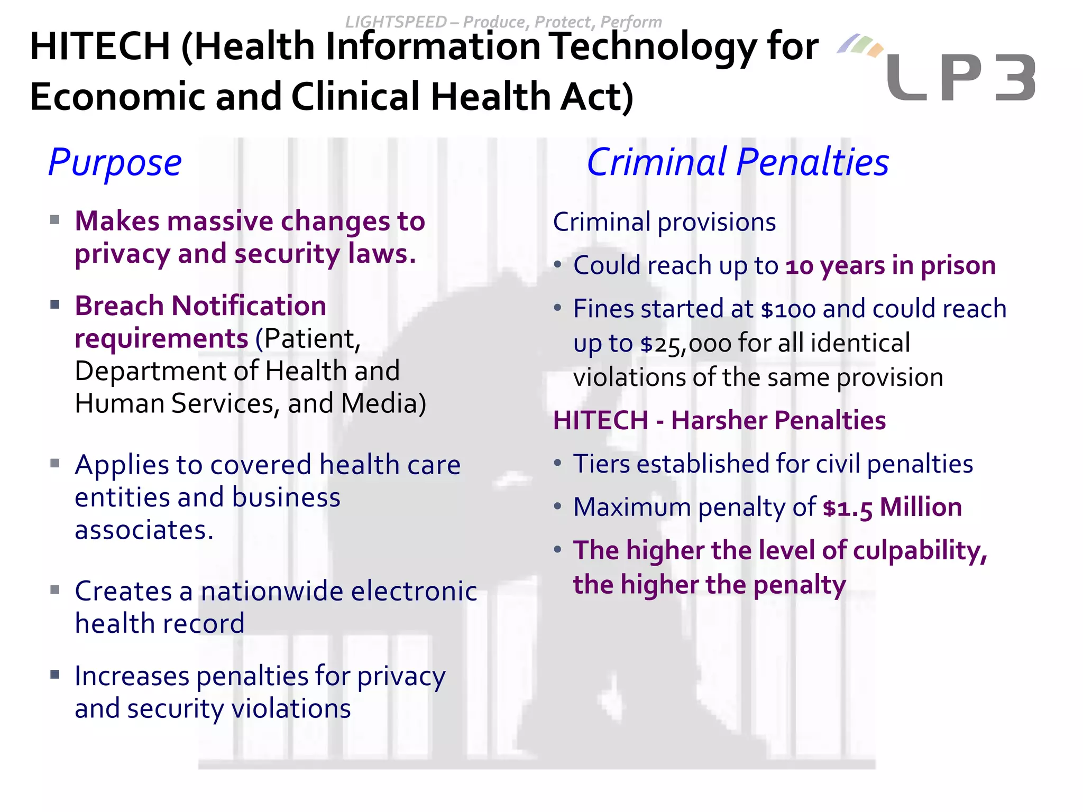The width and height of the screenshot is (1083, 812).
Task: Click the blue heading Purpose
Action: (115, 162)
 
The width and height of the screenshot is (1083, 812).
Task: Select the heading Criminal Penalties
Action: (738, 162)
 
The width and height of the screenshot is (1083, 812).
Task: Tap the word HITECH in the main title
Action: (100, 47)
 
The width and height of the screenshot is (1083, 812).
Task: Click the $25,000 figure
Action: (685, 344)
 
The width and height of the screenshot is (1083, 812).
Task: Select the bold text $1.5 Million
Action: (892, 508)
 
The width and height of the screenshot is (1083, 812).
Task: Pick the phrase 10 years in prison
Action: (891, 265)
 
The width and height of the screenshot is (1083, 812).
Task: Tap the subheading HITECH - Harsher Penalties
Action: (719, 421)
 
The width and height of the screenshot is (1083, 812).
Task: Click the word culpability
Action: (920, 551)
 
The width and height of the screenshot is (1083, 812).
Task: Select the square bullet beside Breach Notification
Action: (55, 305)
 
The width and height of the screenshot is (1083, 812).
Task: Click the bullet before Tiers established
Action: (557, 464)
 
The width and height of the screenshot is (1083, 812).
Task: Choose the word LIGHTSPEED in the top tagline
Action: (396, 22)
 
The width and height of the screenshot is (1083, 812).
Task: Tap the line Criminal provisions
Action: (664, 222)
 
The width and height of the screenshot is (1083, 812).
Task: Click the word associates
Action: (144, 530)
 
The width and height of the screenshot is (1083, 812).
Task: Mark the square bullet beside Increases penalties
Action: (55, 675)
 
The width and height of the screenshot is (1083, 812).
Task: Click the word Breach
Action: (119, 306)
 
